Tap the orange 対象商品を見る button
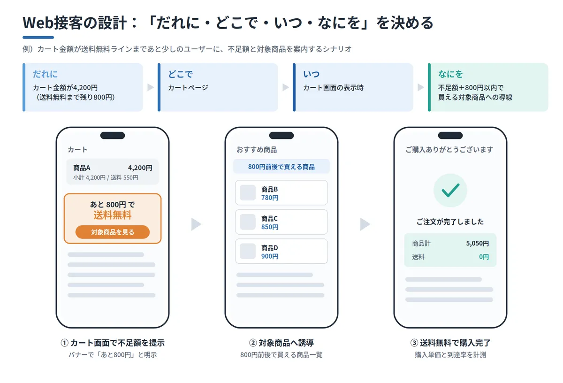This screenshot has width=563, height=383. [x=112, y=232]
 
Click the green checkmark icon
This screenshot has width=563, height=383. [x=450, y=191]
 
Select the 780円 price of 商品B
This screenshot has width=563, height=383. [x=270, y=198]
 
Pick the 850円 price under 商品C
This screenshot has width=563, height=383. [x=270, y=227]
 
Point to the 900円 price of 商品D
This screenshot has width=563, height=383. [x=270, y=256]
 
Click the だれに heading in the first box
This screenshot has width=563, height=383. [x=45, y=74]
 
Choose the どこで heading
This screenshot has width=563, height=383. [x=180, y=74]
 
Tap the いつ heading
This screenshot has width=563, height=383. [x=311, y=74]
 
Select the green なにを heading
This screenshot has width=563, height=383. [x=450, y=74]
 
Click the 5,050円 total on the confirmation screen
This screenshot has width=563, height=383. [x=477, y=243]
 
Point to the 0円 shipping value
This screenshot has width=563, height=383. [x=484, y=257]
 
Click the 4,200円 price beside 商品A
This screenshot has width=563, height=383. [x=140, y=168]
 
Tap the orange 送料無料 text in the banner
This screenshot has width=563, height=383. [x=112, y=215]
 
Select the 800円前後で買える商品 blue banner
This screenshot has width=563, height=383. [x=281, y=167]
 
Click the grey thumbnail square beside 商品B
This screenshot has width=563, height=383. [x=248, y=192]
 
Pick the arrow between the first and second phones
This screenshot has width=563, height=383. [x=196, y=224]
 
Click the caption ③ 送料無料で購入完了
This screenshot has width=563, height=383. [x=450, y=343]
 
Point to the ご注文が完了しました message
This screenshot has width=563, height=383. [x=450, y=222]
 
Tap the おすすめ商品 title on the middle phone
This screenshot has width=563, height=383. [x=257, y=150]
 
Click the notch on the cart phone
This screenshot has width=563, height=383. [x=112, y=135]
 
